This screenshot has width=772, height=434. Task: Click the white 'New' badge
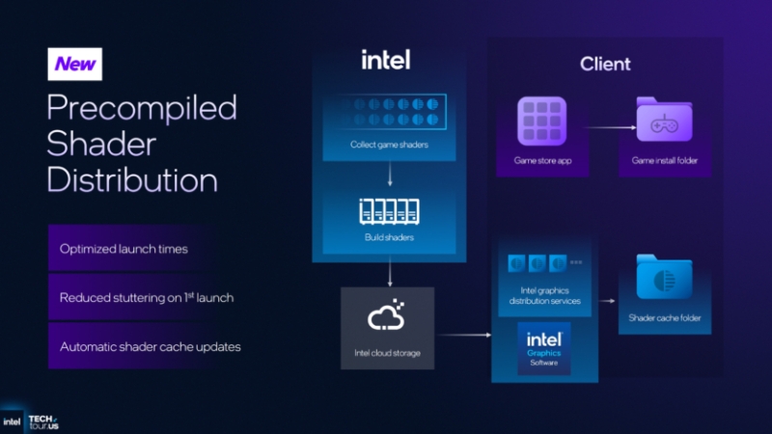coord(74,64)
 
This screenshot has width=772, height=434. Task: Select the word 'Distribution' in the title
coord(132,179)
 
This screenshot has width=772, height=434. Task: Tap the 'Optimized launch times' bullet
coord(124,249)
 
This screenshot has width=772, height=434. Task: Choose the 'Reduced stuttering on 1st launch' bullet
coord(147,297)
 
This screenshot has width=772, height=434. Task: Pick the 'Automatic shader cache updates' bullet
coord(151,346)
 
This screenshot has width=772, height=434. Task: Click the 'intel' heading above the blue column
coord(386,60)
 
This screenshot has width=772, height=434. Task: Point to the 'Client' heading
coord(605,65)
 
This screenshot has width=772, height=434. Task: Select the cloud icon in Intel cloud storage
coord(386,316)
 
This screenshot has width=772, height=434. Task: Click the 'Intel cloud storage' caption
coord(386,352)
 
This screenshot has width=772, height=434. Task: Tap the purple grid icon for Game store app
coord(544,122)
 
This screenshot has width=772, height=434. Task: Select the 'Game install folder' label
coord(664,160)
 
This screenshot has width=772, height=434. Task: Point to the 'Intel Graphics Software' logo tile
coord(544,350)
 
